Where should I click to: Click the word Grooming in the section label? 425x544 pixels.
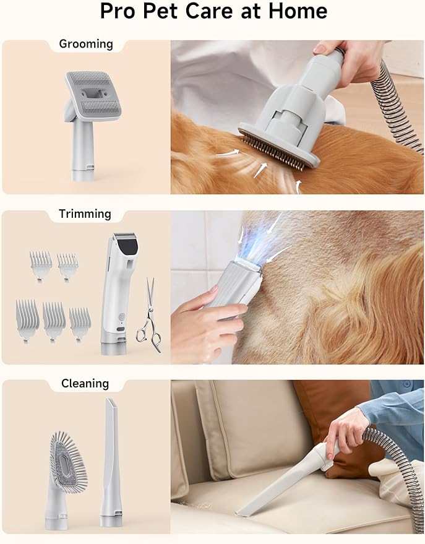pos(85,44)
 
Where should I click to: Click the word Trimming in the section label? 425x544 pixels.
pos(85,214)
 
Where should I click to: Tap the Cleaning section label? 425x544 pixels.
pos(85,384)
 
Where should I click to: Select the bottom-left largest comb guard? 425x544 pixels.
pos(27,316)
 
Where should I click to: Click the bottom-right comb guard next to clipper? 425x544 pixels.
pos(80,321)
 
